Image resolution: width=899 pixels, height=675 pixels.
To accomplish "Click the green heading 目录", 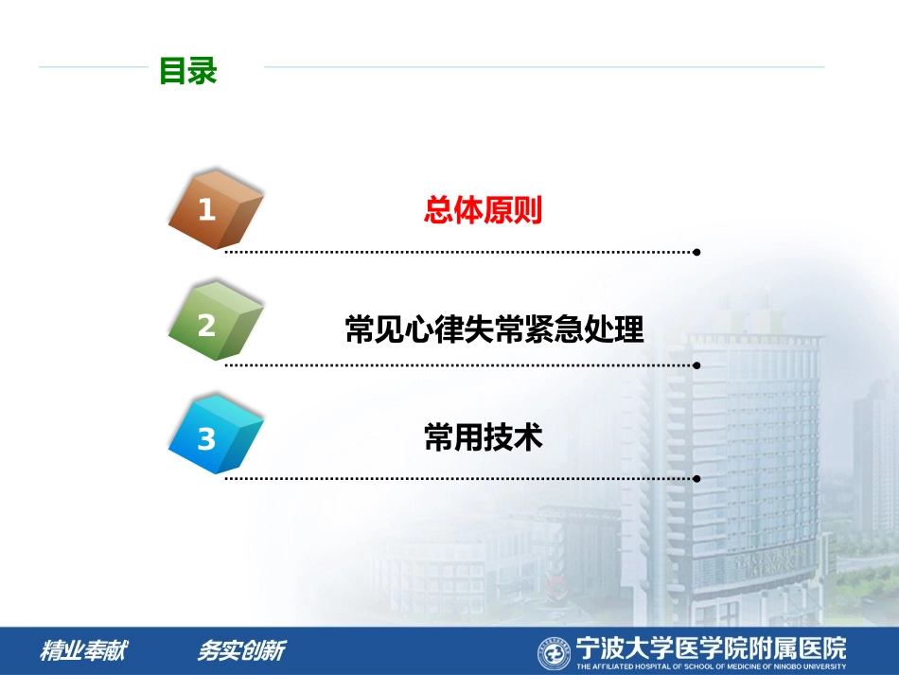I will click(x=187, y=72).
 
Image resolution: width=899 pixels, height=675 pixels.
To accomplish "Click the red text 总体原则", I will click(x=483, y=210).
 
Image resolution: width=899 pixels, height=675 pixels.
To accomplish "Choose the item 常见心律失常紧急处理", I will click(x=494, y=329).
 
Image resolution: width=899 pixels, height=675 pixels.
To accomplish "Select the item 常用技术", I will click(x=484, y=437).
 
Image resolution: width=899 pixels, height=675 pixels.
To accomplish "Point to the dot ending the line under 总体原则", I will click(x=697, y=253).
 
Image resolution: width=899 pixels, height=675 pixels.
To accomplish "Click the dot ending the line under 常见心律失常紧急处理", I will click(x=697, y=364).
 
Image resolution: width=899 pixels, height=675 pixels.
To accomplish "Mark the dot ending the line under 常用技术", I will click(x=697, y=479).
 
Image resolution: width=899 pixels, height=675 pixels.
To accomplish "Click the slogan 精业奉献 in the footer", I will click(x=83, y=651).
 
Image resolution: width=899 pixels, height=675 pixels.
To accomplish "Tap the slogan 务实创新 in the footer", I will click(x=240, y=651).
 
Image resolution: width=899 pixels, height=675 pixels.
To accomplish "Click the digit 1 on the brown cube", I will click(x=206, y=210).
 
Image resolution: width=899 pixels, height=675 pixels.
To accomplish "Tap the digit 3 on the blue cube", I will click(x=206, y=439).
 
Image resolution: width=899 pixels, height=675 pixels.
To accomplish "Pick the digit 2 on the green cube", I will click(x=206, y=326).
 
